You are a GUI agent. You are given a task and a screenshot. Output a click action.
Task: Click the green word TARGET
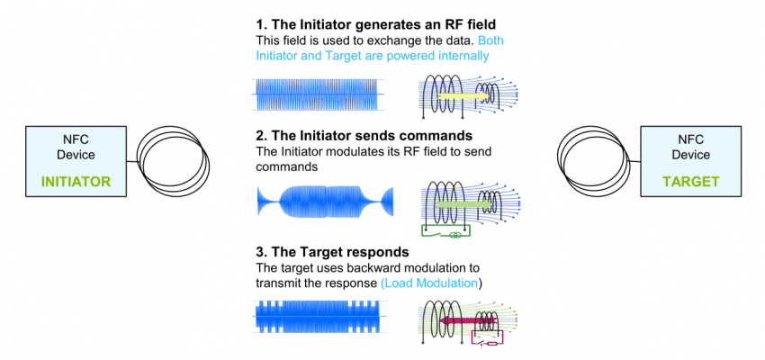coord(690,182)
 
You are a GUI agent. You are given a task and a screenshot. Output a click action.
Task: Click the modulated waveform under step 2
coord(325,200)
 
